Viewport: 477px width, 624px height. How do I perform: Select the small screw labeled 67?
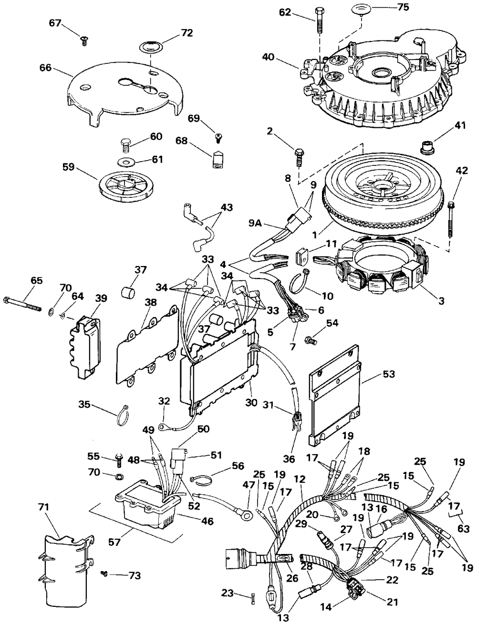click(x=84, y=41)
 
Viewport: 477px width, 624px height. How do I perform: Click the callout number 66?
click(x=45, y=68)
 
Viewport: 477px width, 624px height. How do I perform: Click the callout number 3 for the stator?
click(x=441, y=301)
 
